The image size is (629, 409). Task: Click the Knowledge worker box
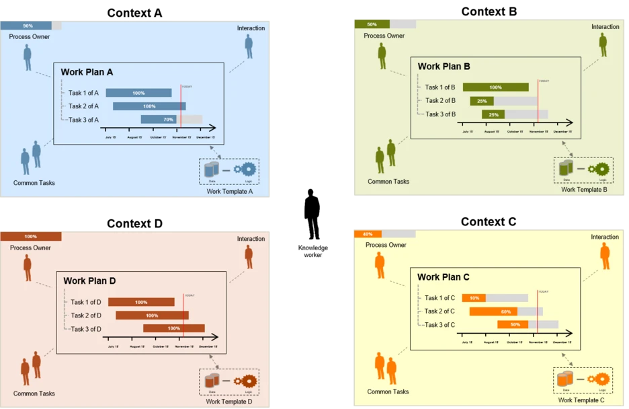313,252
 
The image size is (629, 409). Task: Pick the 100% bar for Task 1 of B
495,87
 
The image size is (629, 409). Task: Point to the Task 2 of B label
440,101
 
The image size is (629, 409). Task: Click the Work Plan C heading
444,277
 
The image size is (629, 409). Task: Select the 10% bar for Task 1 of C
474,298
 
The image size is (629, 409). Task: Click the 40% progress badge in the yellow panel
368,234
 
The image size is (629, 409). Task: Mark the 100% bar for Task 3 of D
173,328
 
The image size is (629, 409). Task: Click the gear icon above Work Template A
249,170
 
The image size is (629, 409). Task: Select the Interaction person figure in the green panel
603,45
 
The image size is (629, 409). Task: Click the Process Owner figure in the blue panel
28,57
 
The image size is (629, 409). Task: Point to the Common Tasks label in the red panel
34,394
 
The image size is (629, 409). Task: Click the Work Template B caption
584,190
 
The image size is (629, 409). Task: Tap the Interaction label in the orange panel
605,237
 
